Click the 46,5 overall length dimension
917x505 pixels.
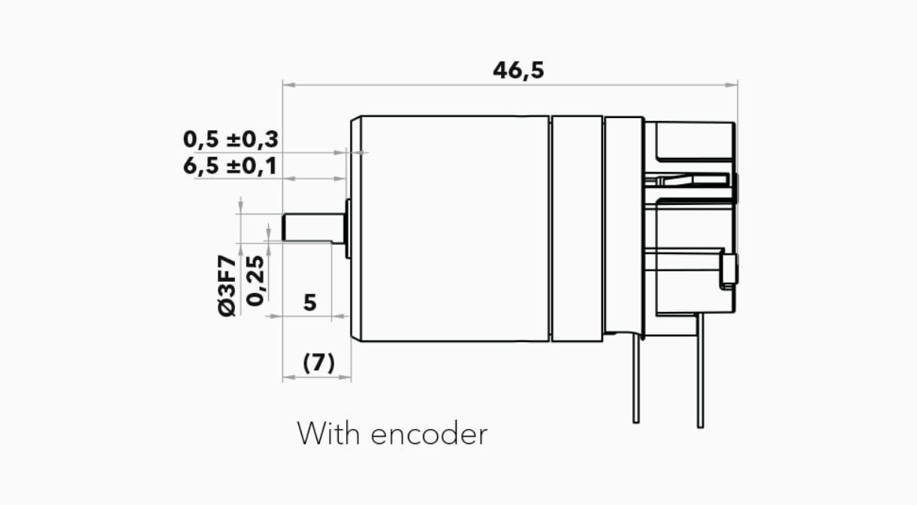click(x=518, y=71)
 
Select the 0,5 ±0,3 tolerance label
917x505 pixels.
click(x=231, y=140)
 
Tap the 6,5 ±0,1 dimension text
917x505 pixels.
click(x=230, y=166)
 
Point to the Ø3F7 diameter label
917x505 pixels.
click(x=228, y=286)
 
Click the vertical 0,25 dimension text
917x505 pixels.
click(x=256, y=280)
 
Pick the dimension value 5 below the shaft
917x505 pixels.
click(x=310, y=303)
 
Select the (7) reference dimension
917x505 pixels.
click(x=319, y=363)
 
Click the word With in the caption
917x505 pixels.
click(x=328, y=434)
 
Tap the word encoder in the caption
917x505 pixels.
click(x=430, y=434)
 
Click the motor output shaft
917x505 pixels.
click(x=314, y=227)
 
